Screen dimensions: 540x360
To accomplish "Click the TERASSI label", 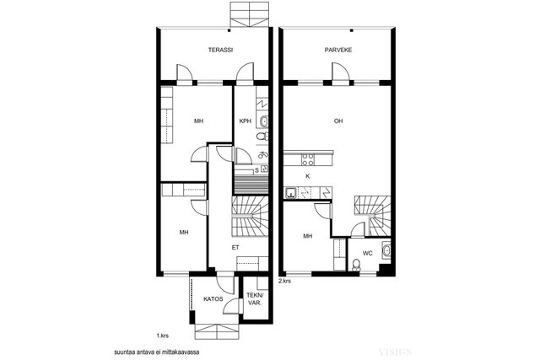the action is point(220,50).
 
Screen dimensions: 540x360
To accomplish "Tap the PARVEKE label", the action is point(338,50).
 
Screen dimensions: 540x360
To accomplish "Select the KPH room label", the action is point(246,121).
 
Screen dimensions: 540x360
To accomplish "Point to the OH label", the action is point(338,121).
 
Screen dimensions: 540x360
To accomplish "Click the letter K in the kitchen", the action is point(308,176).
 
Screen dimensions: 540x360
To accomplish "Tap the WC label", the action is point(368,253).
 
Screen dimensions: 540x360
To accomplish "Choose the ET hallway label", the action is point(235,248).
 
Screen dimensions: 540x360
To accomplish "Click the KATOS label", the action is point(213,299).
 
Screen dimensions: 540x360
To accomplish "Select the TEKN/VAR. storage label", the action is point(255,299).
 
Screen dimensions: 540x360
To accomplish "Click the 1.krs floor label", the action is point(163,336).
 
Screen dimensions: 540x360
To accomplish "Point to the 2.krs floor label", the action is point(285,281).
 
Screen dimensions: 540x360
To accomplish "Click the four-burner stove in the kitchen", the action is point(307,159).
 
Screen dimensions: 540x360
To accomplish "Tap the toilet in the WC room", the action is point(356,265).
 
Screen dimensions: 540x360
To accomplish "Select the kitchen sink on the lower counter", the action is point(290,193).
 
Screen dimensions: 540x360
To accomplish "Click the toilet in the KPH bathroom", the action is point(262,137).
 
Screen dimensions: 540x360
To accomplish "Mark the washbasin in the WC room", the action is point(386,250).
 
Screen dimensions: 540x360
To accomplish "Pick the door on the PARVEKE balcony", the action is point(340,73).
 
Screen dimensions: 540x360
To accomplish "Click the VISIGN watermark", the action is point(395,352).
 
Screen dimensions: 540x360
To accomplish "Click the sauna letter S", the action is point(256,170).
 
